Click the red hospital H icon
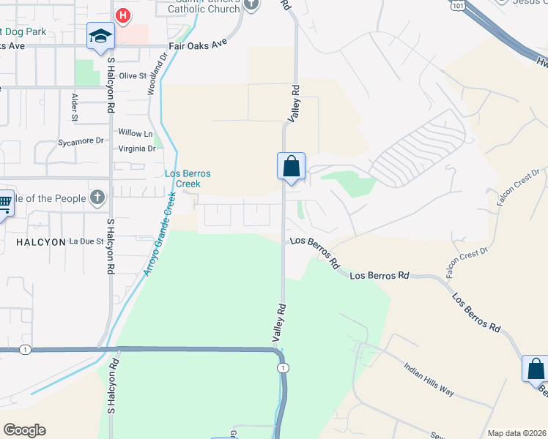point(122,15)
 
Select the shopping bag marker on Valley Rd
point(291,166)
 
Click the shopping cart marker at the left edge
point(4,203)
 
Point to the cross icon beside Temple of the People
point(97,198)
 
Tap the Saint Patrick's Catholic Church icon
point(251,4)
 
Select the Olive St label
point(133,76)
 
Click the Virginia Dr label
point(138,148)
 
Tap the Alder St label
point(75,106)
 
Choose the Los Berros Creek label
point(188,179)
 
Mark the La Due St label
point(86,241)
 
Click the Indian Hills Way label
point(429,378)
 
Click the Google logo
point(24,430)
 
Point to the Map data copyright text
point(516,433)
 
